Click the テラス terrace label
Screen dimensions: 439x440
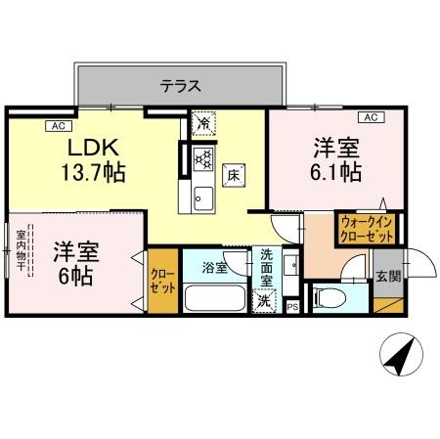point(181,86)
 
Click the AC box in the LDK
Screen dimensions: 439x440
point(58,124)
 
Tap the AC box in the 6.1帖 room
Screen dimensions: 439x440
point(370,118)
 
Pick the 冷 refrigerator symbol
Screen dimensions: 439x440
point(203,124)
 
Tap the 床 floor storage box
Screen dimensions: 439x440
point(235,176)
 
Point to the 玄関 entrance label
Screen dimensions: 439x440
point(387,277)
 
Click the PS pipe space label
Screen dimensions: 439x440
point(292,307)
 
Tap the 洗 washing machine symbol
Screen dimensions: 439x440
point(263,302)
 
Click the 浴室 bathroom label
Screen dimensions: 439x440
point(215,266)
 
